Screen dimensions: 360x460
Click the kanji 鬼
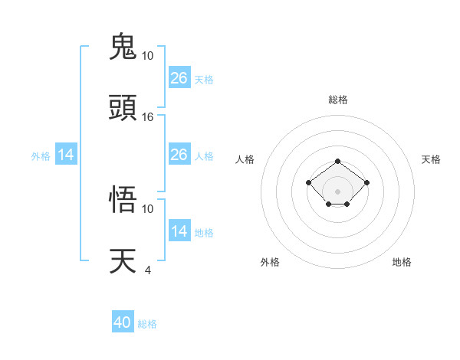[123, 47]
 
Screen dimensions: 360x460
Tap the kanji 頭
[123, 108]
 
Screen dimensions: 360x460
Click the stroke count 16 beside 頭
[148, 117]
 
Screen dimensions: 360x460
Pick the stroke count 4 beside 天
[147, 270]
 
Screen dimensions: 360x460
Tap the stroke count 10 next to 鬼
[148, 56]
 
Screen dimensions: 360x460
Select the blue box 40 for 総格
[123, 322]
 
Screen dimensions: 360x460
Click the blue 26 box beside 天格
[179, 77]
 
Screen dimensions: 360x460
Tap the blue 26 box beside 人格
[179, 155]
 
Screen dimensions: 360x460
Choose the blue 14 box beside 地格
[179, 231]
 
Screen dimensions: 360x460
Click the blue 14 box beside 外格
[66, 155]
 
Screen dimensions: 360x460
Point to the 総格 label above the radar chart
[338, 100]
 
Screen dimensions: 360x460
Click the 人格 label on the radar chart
[245, 159]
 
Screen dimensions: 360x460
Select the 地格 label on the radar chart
[402, 262]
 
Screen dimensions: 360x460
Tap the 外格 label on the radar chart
[270, 262]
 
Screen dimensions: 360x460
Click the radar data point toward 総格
[338, 162]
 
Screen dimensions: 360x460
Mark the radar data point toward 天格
[367, 182]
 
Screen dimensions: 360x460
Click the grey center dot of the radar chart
[338, 191]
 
